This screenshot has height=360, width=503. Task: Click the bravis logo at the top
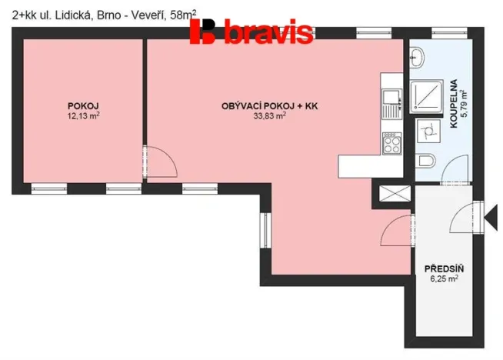(251, 32)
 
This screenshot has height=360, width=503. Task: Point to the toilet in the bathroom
(425, 161)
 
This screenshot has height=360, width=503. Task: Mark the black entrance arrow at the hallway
(486, 214)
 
